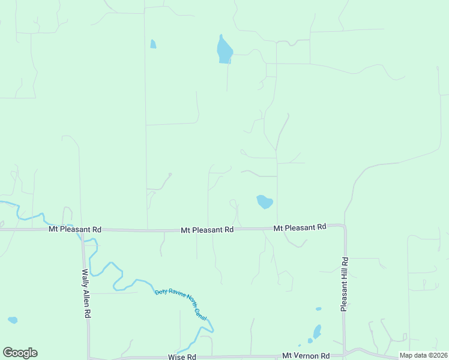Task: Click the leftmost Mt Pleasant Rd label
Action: coord(75,230)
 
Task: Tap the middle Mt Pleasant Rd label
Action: coord(207,230)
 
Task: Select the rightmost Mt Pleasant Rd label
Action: coord(300,227)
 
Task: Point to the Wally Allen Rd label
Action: coord(86,293)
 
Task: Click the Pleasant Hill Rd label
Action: coord(345,284)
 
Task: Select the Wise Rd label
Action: coord(182,357)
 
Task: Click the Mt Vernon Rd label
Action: coord(306,356)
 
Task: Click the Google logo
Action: coord(20,353)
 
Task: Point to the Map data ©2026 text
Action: coord(423,355)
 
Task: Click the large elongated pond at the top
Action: coord(224,50)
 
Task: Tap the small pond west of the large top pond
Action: coord(153,44)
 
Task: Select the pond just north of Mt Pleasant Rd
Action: coord(264,202)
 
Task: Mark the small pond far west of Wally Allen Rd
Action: coord(13,320)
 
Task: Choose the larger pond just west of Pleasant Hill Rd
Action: coord(317,331)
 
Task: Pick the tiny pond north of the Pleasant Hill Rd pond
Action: coord(319,309)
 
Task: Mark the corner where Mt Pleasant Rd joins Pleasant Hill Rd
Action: coord(343,226)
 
